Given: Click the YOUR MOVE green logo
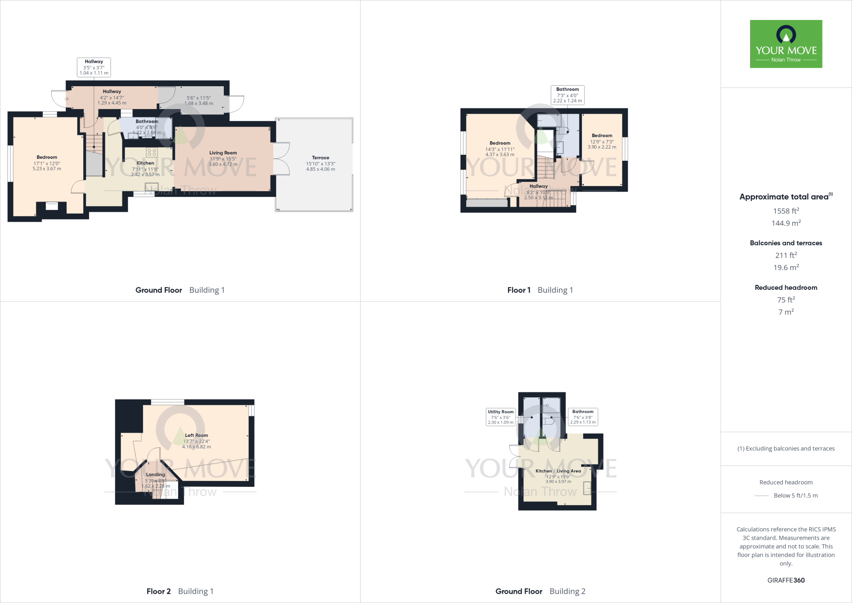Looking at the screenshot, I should click(786, 44).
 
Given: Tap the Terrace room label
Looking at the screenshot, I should click(320, 158).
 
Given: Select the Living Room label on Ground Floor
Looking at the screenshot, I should click(223, 153).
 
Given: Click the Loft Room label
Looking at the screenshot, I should click(196, 435).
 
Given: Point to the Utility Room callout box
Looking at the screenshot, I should click(500, 417).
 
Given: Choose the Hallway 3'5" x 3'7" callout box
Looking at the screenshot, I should click(94, 67).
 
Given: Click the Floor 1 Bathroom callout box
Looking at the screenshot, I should click(567, 95).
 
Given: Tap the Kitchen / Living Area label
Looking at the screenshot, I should click(558, 471).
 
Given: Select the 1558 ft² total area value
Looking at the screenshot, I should click(786, 211).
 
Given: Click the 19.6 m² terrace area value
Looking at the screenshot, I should click(786, 268).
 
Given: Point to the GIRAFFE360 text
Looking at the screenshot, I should click(786, 580).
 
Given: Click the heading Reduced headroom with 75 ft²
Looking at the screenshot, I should click(786, 287).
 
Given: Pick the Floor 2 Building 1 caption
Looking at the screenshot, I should click(180, 591).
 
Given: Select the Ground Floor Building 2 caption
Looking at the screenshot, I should click(540, 591).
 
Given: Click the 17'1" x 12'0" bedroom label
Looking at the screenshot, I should click(47, 163).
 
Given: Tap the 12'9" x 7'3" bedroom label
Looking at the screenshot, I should click(602, 142).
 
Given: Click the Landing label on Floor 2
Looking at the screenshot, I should click(156, 474).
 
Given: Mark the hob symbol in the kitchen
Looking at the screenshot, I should click(152, 152).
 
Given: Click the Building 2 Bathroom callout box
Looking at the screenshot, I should click(583, 417).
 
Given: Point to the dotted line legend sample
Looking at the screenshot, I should click(761, 496).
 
